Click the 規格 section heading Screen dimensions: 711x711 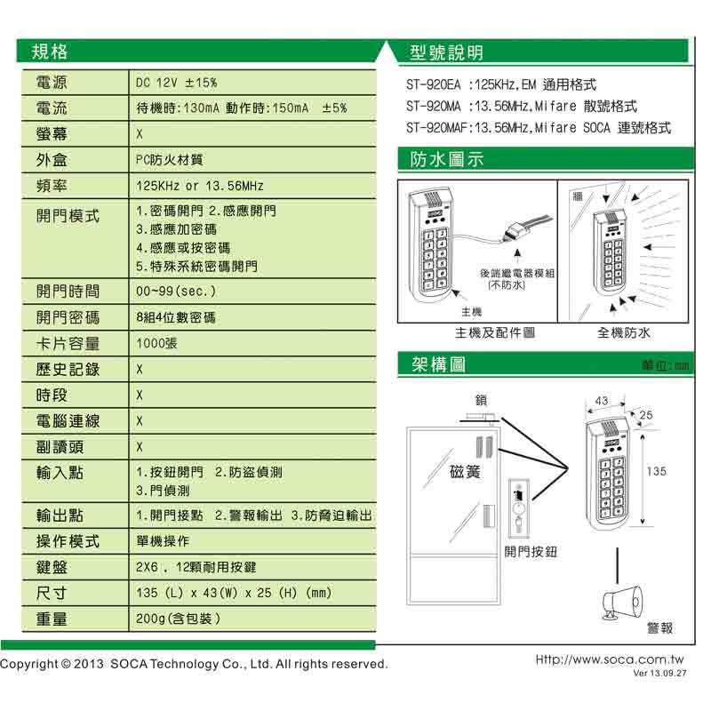50,52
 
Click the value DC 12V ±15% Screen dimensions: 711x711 176,83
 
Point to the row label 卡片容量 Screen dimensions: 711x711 68,343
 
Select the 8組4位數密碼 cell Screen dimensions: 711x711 176,317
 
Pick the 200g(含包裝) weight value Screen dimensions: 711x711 177,619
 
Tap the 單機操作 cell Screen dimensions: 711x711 164,541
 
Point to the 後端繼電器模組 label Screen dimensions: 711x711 516,274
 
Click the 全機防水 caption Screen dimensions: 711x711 624,333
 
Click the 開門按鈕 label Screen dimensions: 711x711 531,552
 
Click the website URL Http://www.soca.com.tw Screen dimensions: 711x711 610,660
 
